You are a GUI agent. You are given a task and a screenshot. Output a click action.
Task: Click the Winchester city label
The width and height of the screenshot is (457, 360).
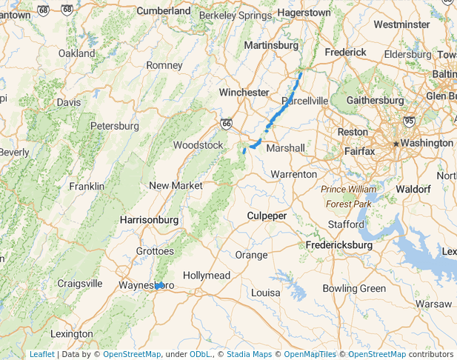pyautogui.click(x=244, y=93)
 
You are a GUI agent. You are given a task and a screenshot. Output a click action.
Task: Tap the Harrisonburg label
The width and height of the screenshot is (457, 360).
pyautogui.click(x=149, y=220)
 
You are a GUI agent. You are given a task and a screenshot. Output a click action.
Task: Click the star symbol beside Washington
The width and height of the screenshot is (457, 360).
pyautogui.click(x=397, y=143)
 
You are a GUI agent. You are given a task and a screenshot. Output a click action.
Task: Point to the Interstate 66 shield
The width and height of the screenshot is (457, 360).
pyautogui.click(x=226, y=124)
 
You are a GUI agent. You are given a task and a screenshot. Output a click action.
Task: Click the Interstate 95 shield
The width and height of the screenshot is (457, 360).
pyautogui.click(x=409, y=121)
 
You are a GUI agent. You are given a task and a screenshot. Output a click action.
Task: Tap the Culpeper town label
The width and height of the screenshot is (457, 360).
pyautogui.click(x=267, y=216)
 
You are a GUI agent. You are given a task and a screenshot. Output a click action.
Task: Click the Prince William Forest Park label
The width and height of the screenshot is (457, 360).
pyautogui.click(x=348, y=196)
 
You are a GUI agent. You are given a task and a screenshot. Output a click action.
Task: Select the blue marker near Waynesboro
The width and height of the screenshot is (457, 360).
pyautogui.click(x=159, y=285)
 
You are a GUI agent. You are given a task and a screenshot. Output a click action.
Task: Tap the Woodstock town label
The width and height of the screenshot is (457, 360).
pyautogui.click(x=198, y=145)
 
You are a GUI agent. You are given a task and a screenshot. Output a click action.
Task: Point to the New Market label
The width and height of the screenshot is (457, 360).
pyautogui.click(x=176, y=185)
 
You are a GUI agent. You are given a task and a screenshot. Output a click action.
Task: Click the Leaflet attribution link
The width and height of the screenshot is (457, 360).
pyautogui.click(x=41, y=354)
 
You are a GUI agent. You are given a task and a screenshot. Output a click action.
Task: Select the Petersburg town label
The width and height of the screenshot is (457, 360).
pyautogui.click(x=115, y=126)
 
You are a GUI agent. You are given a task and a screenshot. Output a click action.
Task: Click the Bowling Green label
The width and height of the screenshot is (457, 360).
pyautogui.click(x=354, y=288)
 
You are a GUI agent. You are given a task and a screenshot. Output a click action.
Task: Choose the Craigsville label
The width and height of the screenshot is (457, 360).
pyautogui.click(x=79, y=283)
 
